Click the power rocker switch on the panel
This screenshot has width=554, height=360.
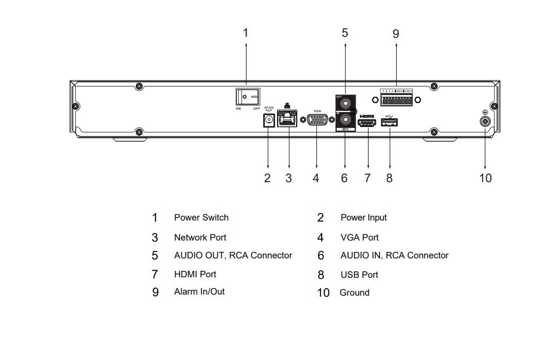[x=247, y=97]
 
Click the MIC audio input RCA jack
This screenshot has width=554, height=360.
[x=344, y=119]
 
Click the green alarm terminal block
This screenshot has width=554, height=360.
[x=396, y=100]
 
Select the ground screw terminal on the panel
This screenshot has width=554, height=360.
[x=485, y=121]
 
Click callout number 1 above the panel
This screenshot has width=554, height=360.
[x=245, y=33]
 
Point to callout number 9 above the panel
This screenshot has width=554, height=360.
[x=396, y=34]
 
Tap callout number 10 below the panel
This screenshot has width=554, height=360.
[x=485, y=178]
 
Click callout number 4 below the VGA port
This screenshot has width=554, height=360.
[x=316, y=178]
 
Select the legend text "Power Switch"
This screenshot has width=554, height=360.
[x=201, y=217]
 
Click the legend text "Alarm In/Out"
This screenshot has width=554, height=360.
[x=199, y=291]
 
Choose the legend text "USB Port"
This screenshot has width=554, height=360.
[x=359, y=275]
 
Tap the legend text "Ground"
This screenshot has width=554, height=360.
[x=355, y=292]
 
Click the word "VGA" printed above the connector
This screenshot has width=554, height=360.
[x=317, y=110]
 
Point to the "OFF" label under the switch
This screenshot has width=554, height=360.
[x=256, y=109]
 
